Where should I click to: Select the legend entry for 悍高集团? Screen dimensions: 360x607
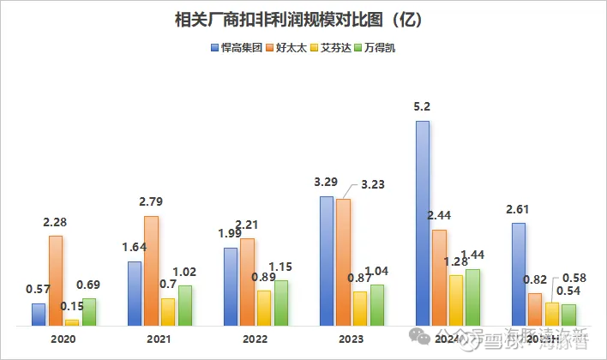pyautogui.click(x=240, y=48)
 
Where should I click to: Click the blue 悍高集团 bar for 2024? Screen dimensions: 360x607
pyautogui.click(x=423, y=223)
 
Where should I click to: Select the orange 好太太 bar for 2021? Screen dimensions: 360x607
pyautogui.click(x=151, y=270)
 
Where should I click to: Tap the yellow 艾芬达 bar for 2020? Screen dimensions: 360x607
pyautogui.click(x=72, y=322)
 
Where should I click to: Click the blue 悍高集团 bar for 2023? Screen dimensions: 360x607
pyautogui.click(x=327, y=261)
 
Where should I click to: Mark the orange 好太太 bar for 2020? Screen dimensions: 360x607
pyautogui.click(x=56, y=280)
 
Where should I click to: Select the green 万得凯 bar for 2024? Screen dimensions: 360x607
pyautogui.click(x=472, y=297)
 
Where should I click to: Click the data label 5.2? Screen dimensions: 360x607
pyautogui.click(x=422, y=107)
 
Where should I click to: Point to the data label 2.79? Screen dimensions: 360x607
pyautogui.click(x=151, y=202)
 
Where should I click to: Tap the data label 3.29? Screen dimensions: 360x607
pyautogui.click(x=327, y=183)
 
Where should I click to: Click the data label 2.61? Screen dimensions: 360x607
pyautogui.click(x=518, y=209)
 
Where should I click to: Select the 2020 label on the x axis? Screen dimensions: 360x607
pyautogui.click(x=63, y=339)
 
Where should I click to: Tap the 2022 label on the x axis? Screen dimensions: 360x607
pyautogui.click(x=255, y=339)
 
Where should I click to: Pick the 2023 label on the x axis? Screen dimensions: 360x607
pyautogui.click(x=352, y=339)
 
